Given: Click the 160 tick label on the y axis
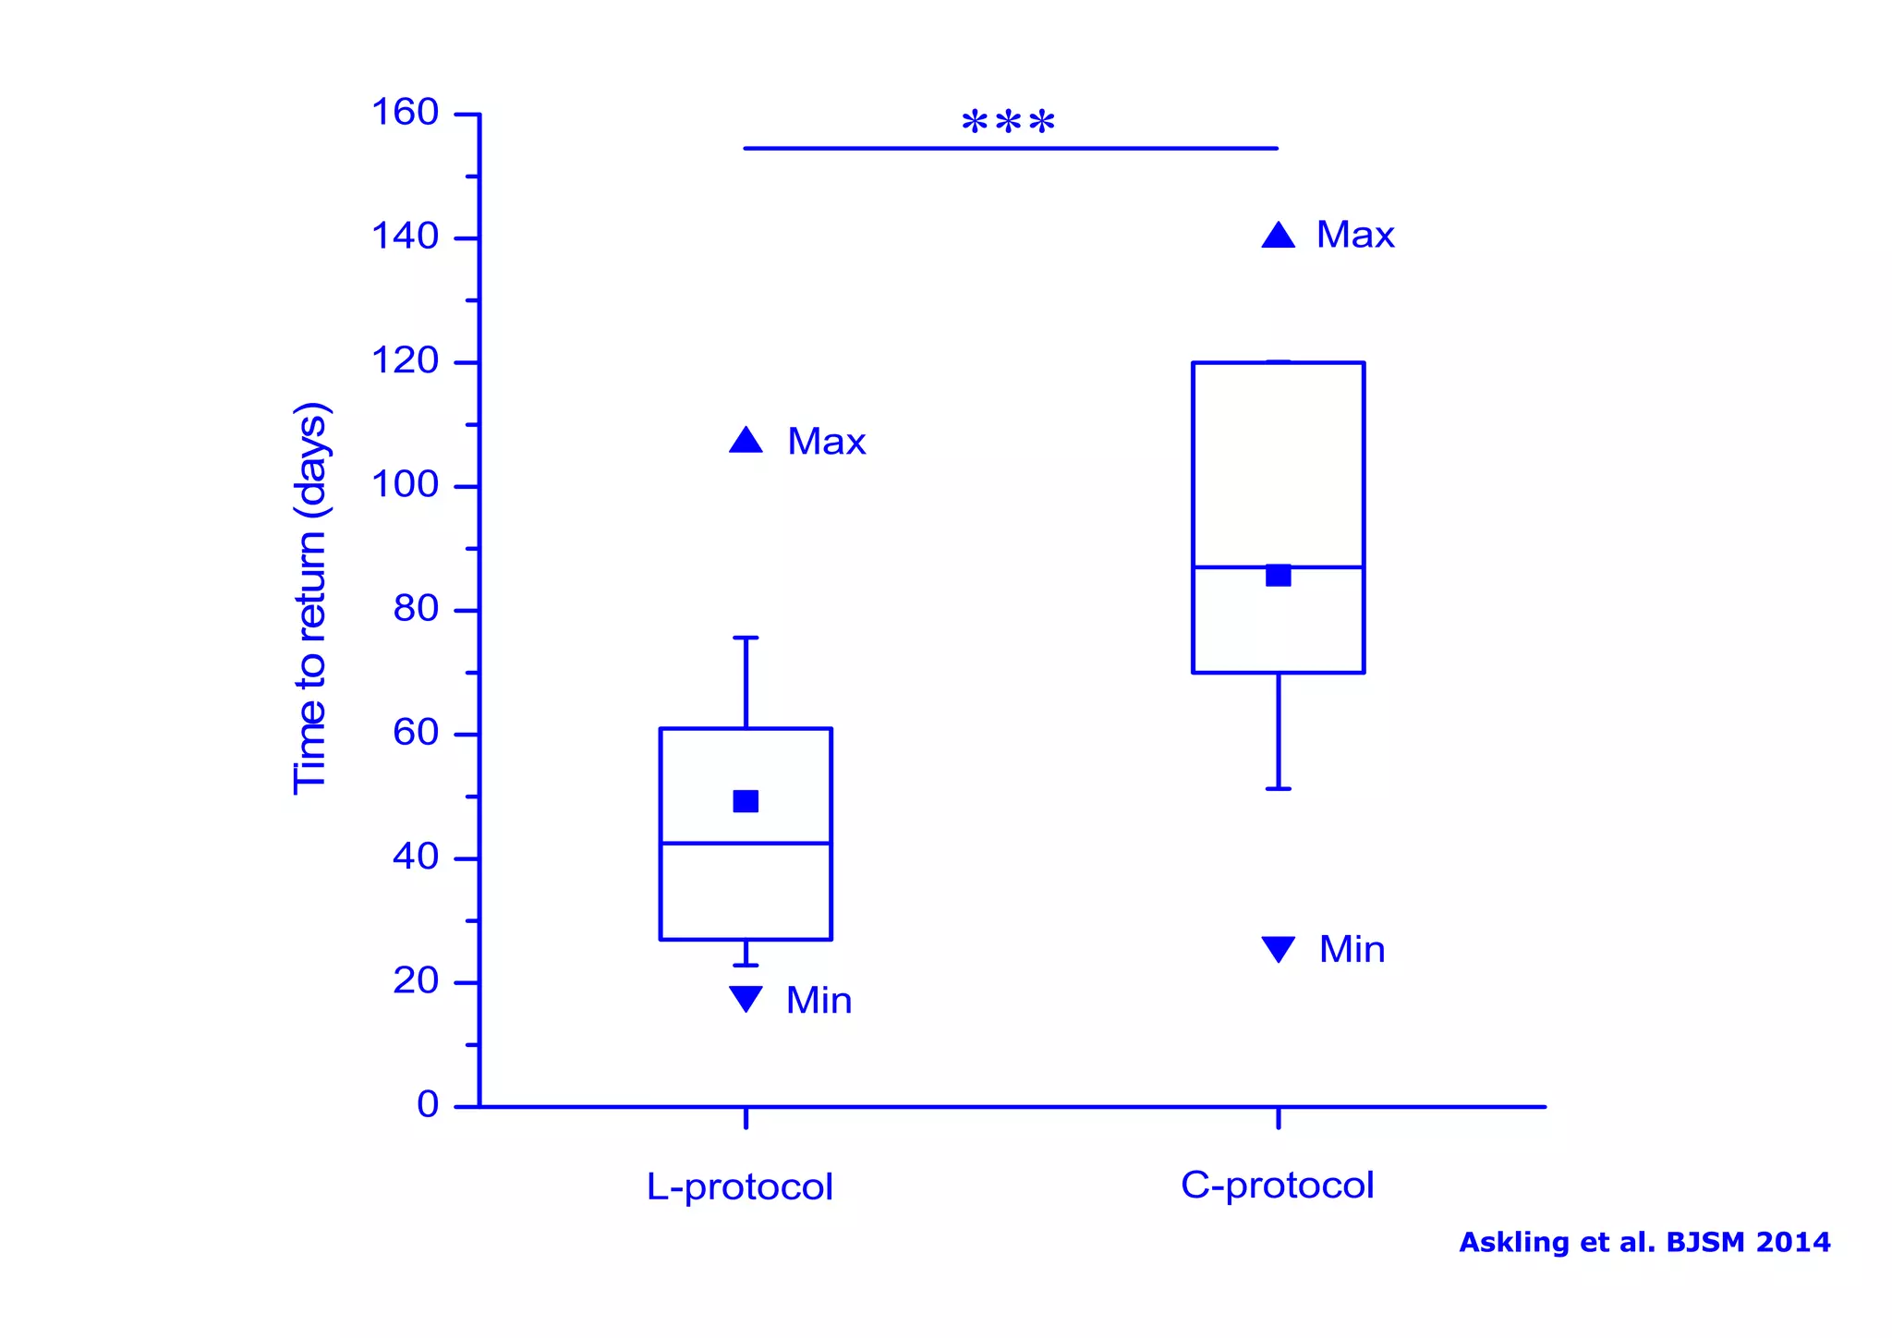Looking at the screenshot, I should (405, 113).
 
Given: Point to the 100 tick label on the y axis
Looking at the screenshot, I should (405, 484).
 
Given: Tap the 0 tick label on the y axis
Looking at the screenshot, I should (428, 1104).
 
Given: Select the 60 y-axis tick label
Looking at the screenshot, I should (415, 733).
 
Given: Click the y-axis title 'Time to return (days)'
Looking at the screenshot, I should (310, 599).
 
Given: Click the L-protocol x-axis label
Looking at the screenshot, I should (739, 1186).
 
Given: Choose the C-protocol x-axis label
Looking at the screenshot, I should (1277, 1185).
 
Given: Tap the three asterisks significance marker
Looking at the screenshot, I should (1008, 123).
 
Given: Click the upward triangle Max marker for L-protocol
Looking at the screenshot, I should (746, 441).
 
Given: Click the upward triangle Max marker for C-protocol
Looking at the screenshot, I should (1278, 236).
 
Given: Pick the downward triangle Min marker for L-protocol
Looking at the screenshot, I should (746, 998).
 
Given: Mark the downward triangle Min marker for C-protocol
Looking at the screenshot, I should (1278, 948).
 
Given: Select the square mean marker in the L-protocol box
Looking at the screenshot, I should (746, 801).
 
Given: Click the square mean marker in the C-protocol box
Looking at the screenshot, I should (1278, 576).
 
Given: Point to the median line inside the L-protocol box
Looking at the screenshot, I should (702, 843).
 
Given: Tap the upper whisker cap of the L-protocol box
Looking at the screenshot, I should (746, 638).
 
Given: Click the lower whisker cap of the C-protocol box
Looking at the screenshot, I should (1278, 788).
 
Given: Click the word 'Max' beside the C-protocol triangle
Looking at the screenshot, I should (1354, 235).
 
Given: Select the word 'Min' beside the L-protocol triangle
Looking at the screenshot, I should (819, 1001).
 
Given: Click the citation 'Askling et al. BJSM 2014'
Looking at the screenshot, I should (1644, 1242).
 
